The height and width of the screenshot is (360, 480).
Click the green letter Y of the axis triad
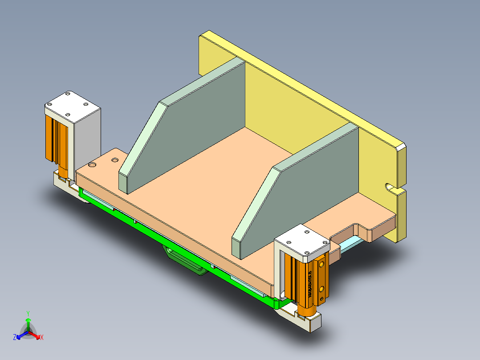28,313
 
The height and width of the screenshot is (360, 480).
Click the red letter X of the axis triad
42,337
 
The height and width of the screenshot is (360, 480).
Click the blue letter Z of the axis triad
15,337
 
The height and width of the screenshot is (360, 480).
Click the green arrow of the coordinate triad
28,323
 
